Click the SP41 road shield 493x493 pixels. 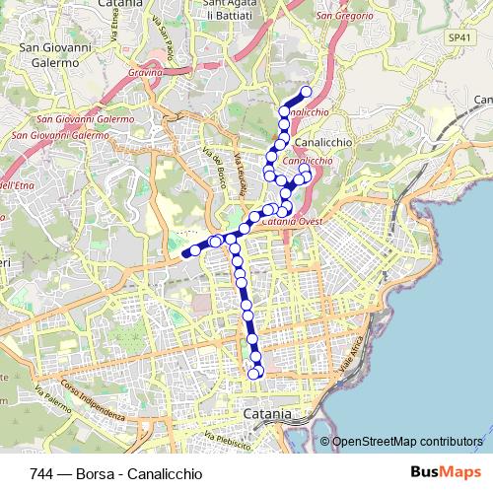pyautogui.click(x=455, y=36)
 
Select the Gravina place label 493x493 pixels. pyautogui.click(x=144, y=72)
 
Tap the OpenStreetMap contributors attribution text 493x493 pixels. pyautogui.click(x=407, y=441)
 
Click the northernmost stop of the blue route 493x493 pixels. pyautogui.click(x=306, y=92)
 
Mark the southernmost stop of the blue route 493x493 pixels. pyautogui.click(x=254, y=373)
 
